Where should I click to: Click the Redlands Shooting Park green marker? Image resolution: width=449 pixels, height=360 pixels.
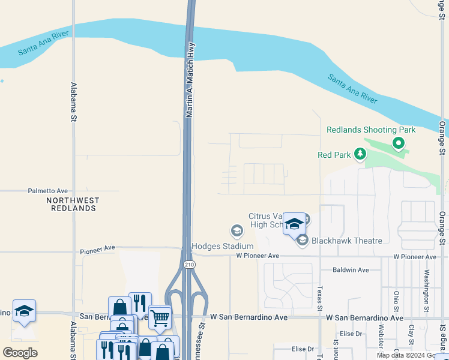(x=397, y=143)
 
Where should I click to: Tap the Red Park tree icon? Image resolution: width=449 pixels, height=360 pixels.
(x=360, y=155)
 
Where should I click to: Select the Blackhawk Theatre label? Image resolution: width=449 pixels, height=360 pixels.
(x=347, y=241)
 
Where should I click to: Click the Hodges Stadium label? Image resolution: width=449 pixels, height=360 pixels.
(x=223, y=246)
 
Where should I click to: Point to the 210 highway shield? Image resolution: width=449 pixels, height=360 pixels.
(x=188, y=263)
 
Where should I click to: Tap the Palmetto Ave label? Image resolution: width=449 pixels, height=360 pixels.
(x=48, y=191)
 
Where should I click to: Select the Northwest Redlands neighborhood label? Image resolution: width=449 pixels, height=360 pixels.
(x=73, y=204)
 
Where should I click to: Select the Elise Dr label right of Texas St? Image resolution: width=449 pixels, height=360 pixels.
(x=351, y=334)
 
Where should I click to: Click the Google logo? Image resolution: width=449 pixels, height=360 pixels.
(x=20, y=353)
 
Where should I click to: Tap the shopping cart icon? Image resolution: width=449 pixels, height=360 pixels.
(x=160, y=317)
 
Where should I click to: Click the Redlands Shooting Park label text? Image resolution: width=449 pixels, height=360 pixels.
(x=371, y=130)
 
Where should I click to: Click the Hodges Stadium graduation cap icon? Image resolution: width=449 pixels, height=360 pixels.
(x=237, y=230)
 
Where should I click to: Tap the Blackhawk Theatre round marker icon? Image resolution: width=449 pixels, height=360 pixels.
(x=303, y=241)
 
